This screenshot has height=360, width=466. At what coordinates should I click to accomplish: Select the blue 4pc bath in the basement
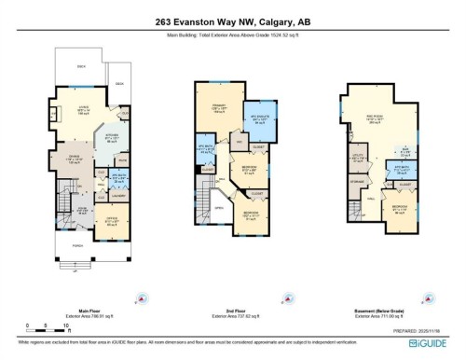coord(402,173)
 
